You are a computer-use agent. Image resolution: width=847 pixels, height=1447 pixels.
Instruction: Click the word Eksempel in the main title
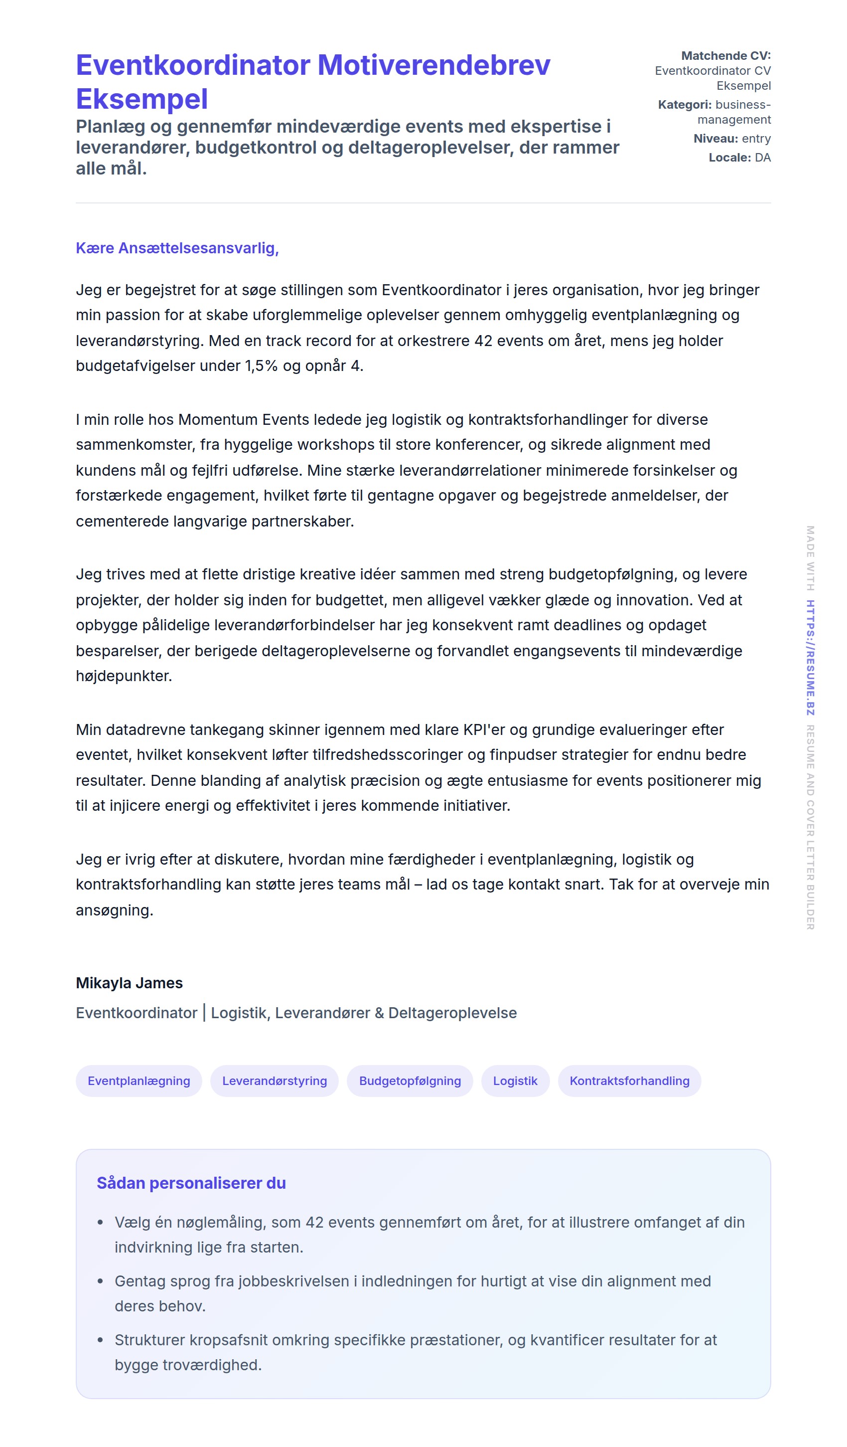(141, 99)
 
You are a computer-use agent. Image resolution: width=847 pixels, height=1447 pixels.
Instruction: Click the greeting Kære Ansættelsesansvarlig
(177, 248)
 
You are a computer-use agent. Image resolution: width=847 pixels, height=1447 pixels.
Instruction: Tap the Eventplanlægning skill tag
(139, 1081)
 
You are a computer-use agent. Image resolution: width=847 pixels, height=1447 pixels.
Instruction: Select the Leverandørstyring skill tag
(275, 1081)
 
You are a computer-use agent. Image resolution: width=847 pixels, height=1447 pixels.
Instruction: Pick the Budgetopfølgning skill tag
(410, 1081)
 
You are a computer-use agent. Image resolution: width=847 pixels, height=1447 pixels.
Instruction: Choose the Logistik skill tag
(515, 1081)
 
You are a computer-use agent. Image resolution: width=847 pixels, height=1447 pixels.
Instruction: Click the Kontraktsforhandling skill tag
(629, 1081)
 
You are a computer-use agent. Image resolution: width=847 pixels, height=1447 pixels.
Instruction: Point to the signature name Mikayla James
(129, 983)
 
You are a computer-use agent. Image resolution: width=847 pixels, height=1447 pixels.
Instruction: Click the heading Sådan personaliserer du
(191, 1183)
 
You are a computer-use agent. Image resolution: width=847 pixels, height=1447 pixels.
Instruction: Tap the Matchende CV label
(725, 56)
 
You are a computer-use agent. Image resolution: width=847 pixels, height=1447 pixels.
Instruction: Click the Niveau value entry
(756, 139)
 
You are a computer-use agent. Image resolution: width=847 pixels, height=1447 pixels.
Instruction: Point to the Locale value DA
(762, 158)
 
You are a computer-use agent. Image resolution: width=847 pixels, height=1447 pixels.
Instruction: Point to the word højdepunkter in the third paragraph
(124, 676)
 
